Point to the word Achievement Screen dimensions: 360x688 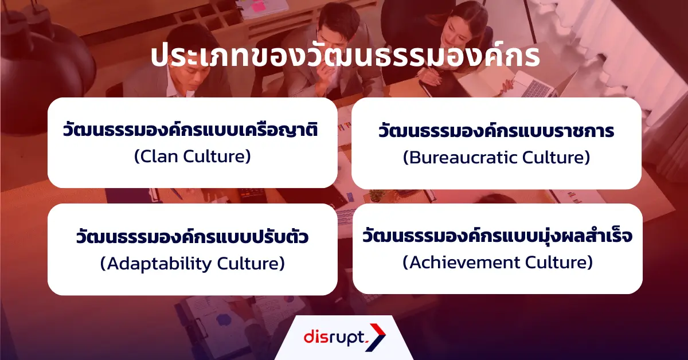tap(462, 262)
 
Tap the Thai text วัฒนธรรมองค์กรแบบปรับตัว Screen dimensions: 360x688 tap(192, 237)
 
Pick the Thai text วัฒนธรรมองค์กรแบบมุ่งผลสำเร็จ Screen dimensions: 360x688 tap(497, 236)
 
